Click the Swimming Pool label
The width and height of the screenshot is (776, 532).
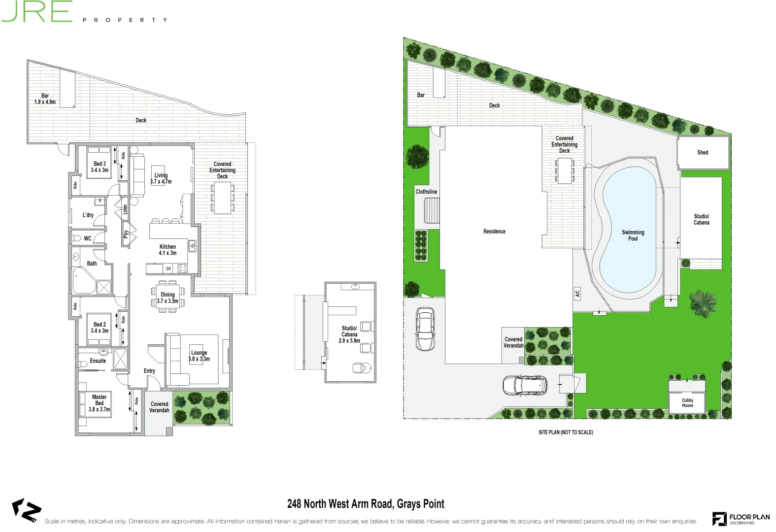pyautogui.click(x=633, y=235)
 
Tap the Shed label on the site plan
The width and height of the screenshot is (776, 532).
pyautogui.click(x=703, y=153)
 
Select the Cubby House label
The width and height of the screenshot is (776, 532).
pyautogui.click(x=687, y=403)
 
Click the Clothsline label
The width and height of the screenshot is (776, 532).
pyautogui.click(x=426, y=192)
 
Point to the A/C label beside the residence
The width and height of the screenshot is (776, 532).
pyautogui.click(x=577, y=294)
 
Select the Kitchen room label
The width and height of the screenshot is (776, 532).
pyautogui.click(x=168, y=250)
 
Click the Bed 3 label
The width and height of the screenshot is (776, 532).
pyautogui.click(x=100, y=167)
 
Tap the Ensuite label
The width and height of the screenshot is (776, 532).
pyautogui.click(x=98, y=361)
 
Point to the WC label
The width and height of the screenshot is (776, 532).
pyautogui.click(x=87, y=238)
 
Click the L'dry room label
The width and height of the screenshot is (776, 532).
pyautogui.click(x=88, y=215)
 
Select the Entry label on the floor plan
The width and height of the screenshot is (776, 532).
pyautogui.click(x=149, y=371)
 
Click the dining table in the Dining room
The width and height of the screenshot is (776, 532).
pyautogui.click(x=168, y=298)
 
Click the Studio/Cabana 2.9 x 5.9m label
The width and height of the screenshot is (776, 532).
pyautogui.click(x=349, y=334)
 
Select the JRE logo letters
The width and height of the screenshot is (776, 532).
pyautogui.click(x=37, y=11)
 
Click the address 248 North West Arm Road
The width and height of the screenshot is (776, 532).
pyautogui.click(x=366, y=504)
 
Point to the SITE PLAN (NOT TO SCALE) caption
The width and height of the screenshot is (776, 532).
pyautogui.click(x=566, y=432)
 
